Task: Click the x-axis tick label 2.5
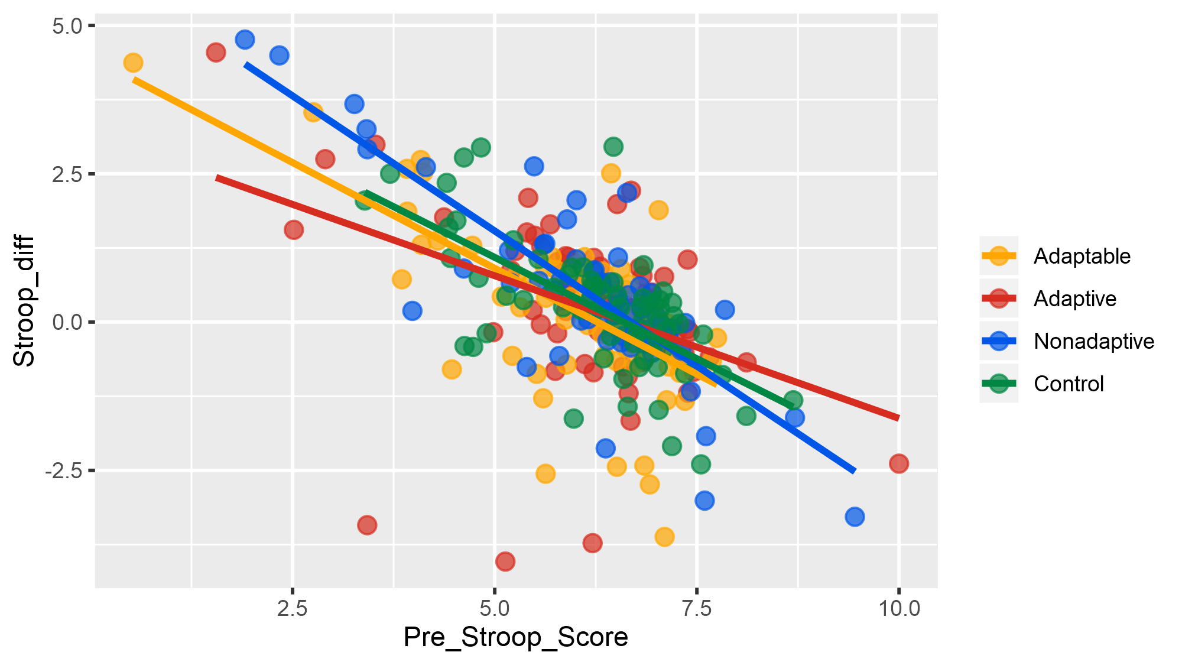292,608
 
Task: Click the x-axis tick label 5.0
495,608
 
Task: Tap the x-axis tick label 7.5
697,608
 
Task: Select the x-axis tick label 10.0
898,608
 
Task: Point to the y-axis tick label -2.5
63,471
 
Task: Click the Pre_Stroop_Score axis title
515,638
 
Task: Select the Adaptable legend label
1082,256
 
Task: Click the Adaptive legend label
1074,299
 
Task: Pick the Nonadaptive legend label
1093,341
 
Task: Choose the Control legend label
1068,384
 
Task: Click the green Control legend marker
999,384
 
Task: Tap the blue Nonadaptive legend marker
999,341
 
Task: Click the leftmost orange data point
133,63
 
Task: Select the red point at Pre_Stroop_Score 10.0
898,463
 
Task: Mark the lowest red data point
505,561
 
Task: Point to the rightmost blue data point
855,517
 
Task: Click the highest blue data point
245,40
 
